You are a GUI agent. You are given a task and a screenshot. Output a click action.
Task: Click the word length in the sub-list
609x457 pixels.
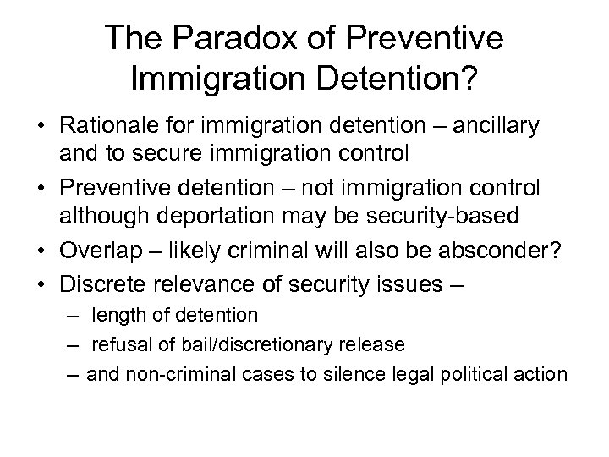(116, 316)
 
